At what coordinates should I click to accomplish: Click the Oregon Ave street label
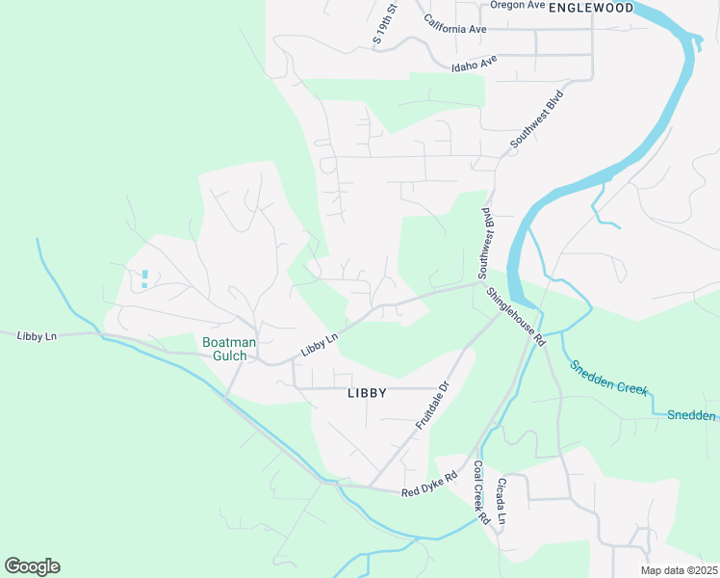pyautogui.click(x=518, y=5)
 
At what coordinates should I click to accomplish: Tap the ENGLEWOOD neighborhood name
pyautogui.click(x=591, y=8)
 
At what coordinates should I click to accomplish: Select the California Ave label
pyautogui.click(x=455, y=28)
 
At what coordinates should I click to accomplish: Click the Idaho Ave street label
pyautogui.click(x=475, y=64)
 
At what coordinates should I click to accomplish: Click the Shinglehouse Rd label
pyautogui.click(x=516, y=317)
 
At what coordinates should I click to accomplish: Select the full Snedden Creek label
pyautogui.click(x=609, y=379)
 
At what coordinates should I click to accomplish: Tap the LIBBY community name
pyautogui.click(x=366, y=393)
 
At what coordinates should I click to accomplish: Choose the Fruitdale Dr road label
pyautogui.click(x=433, y=406)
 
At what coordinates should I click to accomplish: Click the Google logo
pyautogui.click(x=32, y=566)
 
